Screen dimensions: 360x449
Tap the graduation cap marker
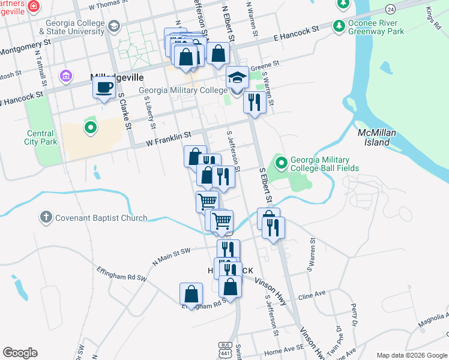(237, 78)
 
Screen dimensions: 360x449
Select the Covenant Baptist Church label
(101, 218)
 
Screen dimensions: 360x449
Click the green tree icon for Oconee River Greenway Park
(339, 26)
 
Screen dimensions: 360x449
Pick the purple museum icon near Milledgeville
(65, 76)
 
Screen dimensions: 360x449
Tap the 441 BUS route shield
(225, 350)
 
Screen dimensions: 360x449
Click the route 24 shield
(391, 10)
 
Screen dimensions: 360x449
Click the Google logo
(20, 353)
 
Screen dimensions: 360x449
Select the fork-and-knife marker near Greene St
(255, 102)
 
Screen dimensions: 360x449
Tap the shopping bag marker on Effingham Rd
(191, 294)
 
